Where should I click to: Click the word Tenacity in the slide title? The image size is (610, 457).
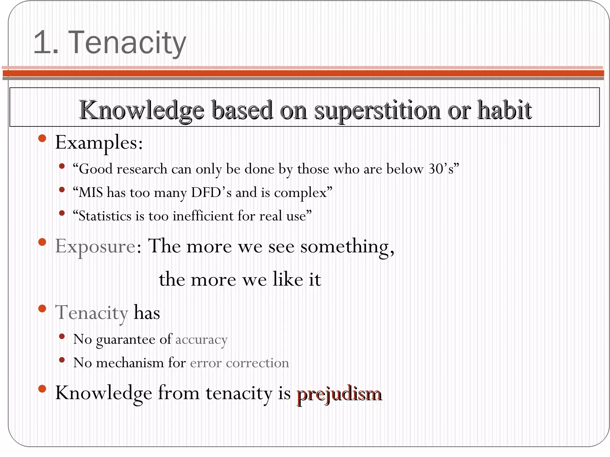127,43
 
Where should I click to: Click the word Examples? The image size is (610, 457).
99,143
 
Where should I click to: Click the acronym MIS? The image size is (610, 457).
91,192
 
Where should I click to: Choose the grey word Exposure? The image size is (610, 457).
95,247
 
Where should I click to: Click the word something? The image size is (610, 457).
347,247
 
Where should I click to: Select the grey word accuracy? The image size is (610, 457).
201,340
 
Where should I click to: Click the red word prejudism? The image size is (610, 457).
339,394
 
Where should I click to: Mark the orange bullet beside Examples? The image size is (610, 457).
42,138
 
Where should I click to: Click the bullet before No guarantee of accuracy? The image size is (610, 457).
62,337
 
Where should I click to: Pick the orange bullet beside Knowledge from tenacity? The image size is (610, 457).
42,389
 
